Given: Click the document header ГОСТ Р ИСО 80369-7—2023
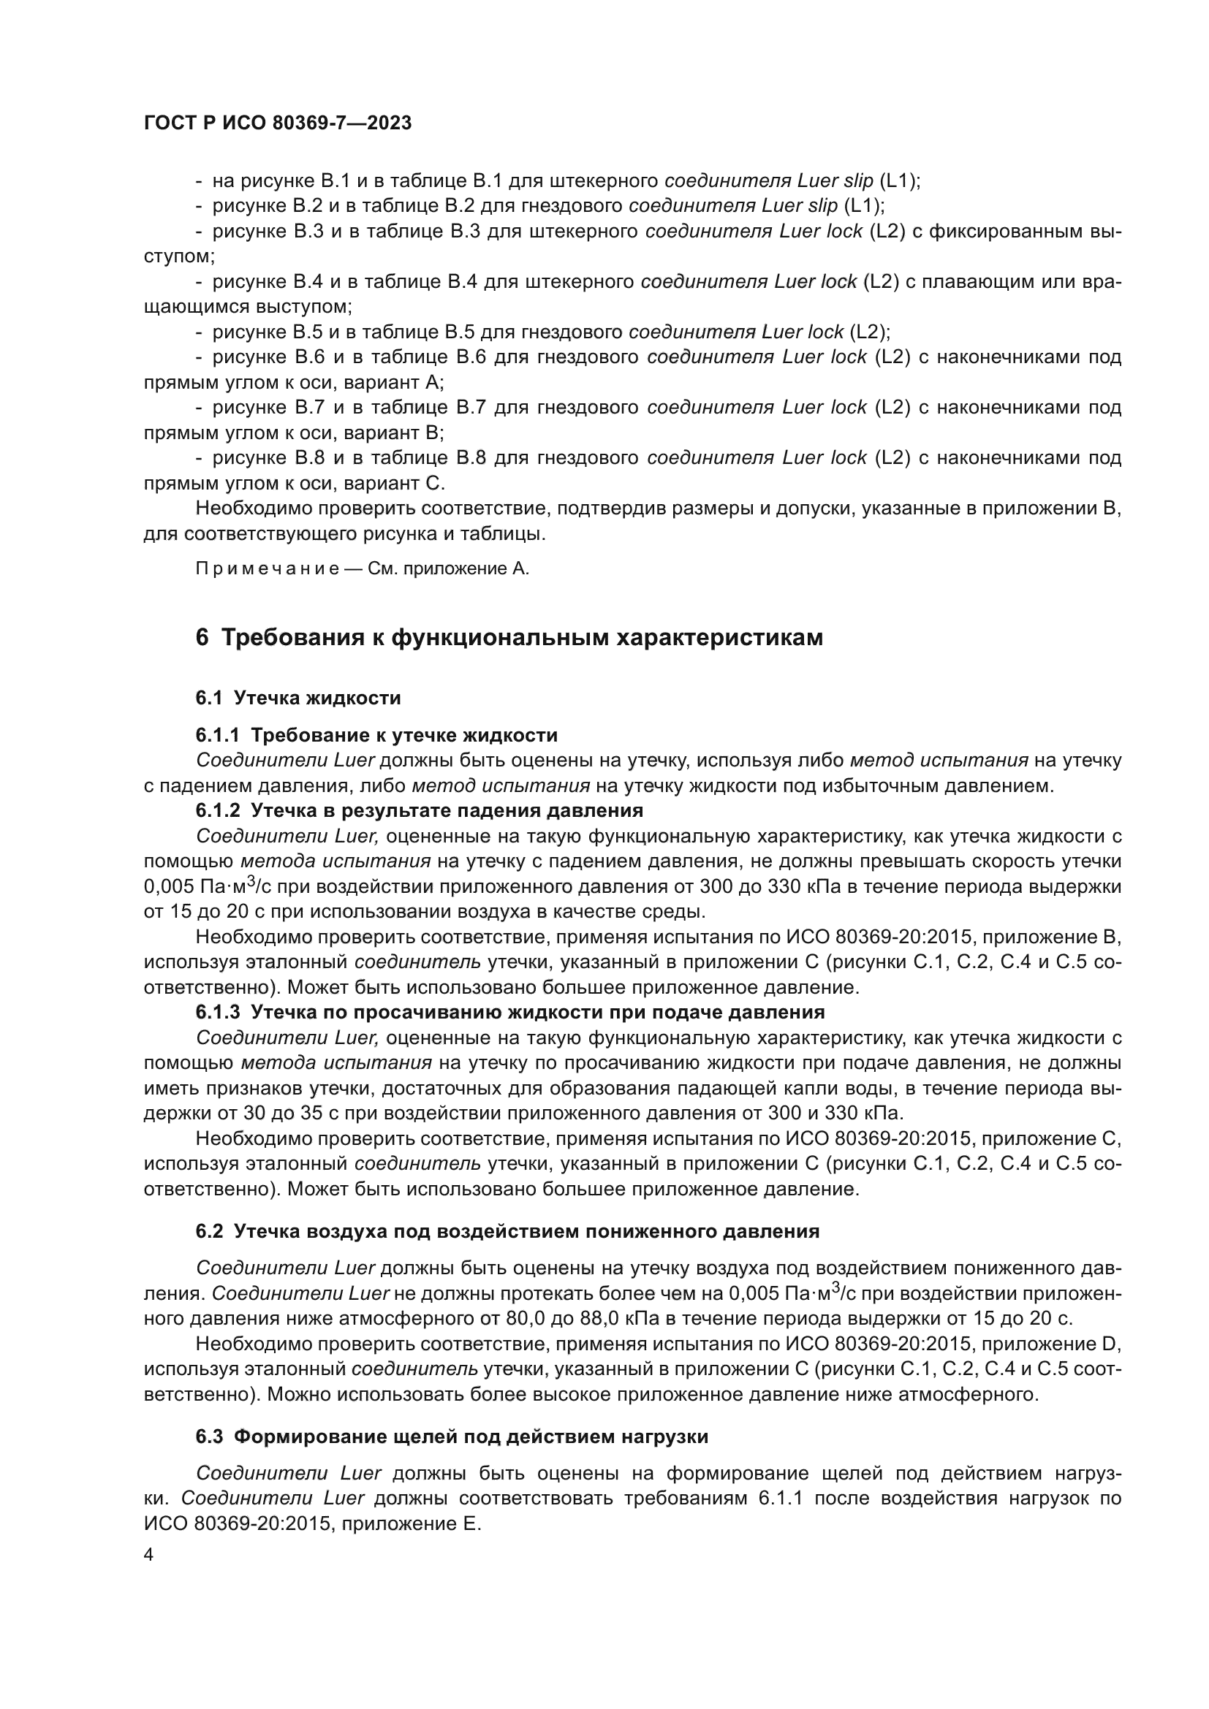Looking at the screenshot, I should click(277, 123).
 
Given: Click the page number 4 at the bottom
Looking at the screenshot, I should click(149, 1555).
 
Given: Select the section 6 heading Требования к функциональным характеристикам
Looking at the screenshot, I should click(509, 638).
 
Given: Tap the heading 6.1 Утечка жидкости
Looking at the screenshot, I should click(297, 698).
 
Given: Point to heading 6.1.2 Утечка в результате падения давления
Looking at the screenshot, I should click(419, 810).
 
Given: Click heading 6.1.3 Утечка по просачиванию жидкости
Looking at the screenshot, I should click(510, 1011).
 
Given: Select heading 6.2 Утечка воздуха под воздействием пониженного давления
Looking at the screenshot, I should click(507, 1231).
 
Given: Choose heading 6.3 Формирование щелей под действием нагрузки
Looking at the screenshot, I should click(452, 1436).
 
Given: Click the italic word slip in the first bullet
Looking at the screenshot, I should click(856, 181).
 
